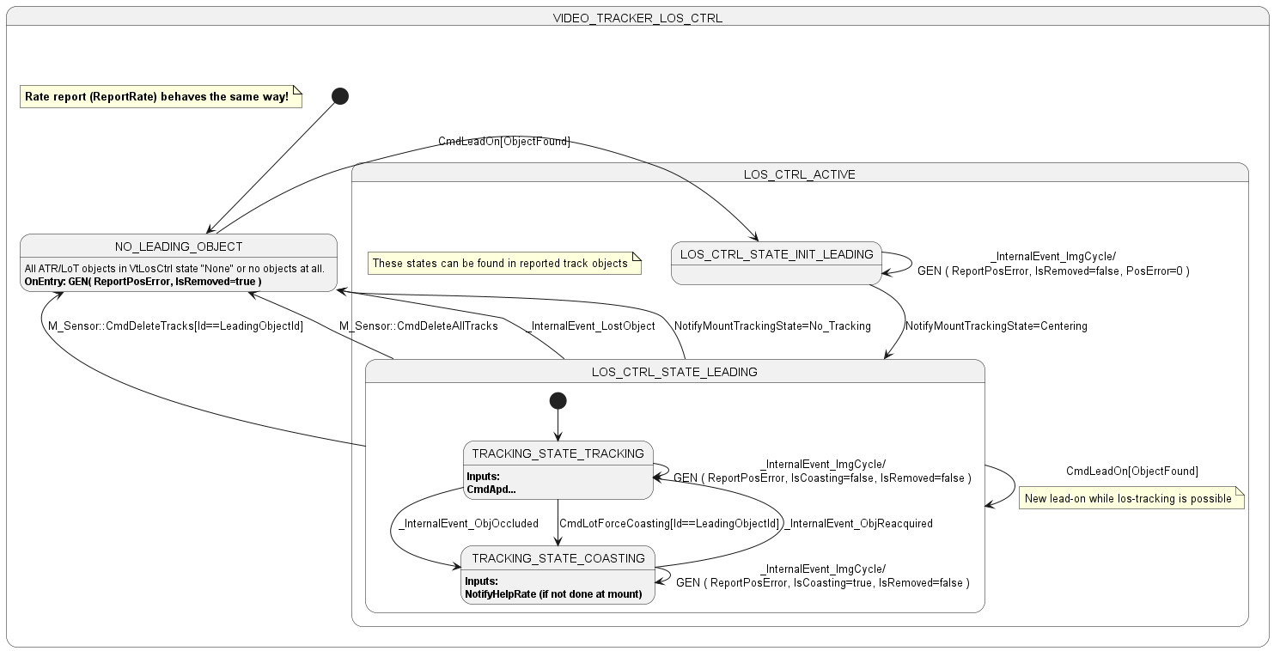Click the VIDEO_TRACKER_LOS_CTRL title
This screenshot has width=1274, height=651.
pyautogui.click(x=637, y=18)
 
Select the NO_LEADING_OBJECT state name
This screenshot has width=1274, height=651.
pyautogui.click(x=179, y=246)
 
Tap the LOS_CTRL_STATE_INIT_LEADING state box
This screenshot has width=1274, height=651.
pyautogui.click(x=777, y=264)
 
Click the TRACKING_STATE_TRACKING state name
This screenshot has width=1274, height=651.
pyautogui.click(x=558, y=453)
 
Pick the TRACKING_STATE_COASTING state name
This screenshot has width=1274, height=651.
pyautogui.click(x=558, y=558)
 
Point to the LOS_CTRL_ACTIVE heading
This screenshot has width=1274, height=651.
pyautogui.click(x=799, y=174)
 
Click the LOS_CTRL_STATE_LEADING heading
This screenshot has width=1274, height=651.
pyautogui.click(x=674, y=372)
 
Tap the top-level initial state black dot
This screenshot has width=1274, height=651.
pyautogui.click(x=340, y=96)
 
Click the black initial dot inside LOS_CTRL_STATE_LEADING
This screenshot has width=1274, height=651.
pyautogui.click(x=558, y=401)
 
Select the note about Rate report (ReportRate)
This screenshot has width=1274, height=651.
pyautogui.click(x=161, y=97)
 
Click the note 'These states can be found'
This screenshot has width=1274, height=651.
pyautogui.click(x=504, y=264)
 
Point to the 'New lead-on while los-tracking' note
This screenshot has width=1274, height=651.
pyautogui.click(x=1131, y=498)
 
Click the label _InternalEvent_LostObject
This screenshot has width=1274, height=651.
pyautogui.click(x=590, y=326)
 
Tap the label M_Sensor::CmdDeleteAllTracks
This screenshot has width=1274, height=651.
pyautogui.click(x=418, y=326)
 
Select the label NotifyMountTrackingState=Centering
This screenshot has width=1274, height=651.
pyautogui.click(x=996, y=326)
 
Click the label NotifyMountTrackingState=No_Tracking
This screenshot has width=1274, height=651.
pyautogui.click(x=772, y=326)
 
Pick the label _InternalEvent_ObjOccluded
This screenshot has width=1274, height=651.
pyautogui.click(x=468, y=524)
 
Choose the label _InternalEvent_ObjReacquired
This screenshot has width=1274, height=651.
pyautogui.click(x=859, y=524)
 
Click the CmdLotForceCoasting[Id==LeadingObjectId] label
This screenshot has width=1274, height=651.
pyautogui.click(x=669, y=524)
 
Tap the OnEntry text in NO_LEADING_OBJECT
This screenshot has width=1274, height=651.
pyautogui.click(x=143, y=282)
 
